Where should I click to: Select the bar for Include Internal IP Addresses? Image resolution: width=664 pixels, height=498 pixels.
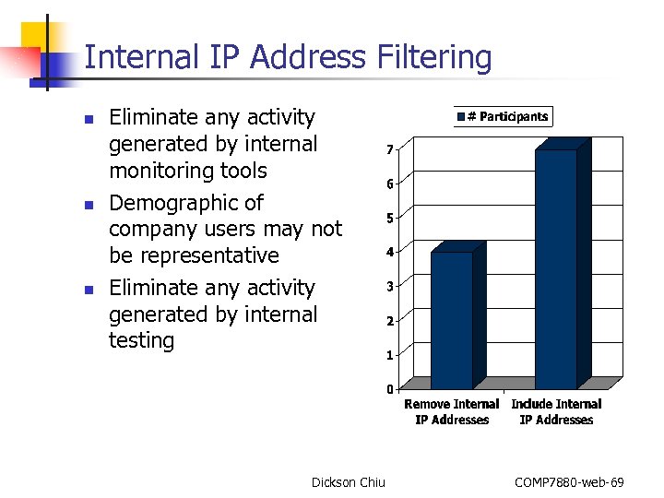click(556, 267)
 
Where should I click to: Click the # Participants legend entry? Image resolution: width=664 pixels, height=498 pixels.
click(503, 116)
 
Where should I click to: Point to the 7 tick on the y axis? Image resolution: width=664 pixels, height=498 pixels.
click(391, 150)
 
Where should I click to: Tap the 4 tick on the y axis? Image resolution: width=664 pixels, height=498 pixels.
click(391, 253)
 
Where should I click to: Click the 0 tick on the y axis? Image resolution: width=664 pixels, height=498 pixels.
click(391, 388)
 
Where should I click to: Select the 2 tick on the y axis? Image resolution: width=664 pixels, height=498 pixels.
click(391, 321)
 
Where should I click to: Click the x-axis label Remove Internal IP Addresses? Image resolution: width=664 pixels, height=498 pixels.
click(452, 412)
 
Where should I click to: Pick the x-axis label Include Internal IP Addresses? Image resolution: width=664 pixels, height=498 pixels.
click(556, 412)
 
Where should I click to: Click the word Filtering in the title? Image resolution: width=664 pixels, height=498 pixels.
click(435, 58)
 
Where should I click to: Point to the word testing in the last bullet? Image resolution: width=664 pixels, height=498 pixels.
click(141, 340)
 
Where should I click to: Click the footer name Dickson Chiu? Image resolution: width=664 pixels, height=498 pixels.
click(349, 482)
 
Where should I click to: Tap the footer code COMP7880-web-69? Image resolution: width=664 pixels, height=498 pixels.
click(569, 482)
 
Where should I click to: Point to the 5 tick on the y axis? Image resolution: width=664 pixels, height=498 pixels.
click(391, 219)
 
